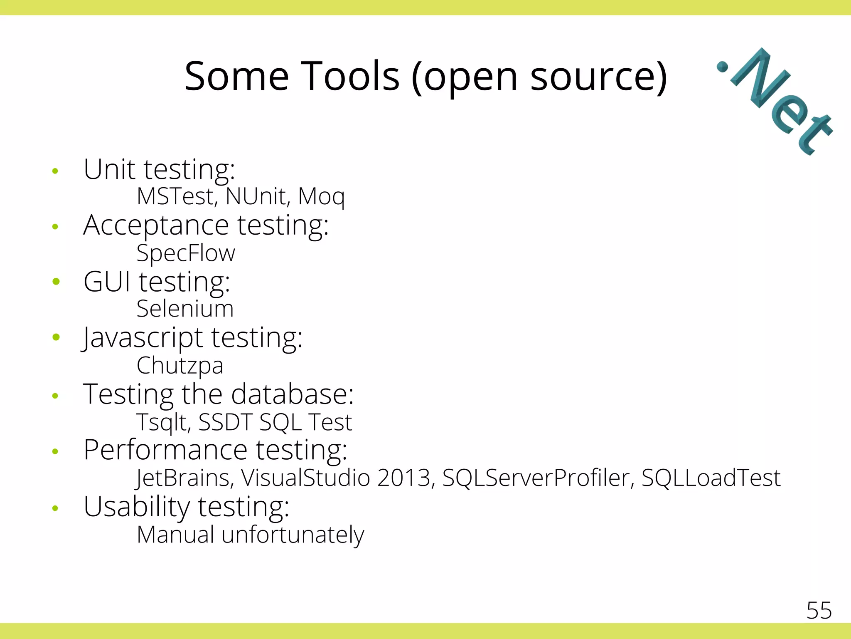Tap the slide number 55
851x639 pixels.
(819, 611)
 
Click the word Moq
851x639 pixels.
(321, 197)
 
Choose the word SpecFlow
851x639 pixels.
(186, 253)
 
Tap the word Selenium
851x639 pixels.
(185, 309)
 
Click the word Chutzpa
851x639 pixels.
(180, 366)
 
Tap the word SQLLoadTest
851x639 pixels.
(711, 478)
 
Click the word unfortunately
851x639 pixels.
(293, 535)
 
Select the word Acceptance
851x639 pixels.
(156, 226)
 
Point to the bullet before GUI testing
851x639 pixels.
(56, 282)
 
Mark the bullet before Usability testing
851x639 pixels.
(55, 508)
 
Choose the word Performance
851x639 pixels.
(165, 450)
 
